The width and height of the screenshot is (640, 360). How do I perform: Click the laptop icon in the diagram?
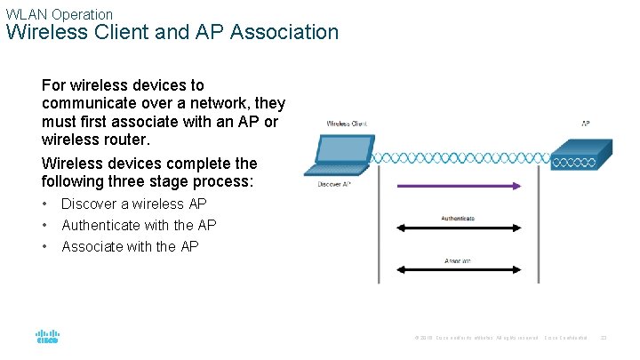pyautogui.click(x=342, y=156)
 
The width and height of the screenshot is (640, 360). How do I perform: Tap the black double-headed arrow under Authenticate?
pyautogui.click(x=457, y=228)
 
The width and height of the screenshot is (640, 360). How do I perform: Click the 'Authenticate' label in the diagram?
pyautogui.click(x=457, y=218)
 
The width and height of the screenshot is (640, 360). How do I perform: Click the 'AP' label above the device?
pyautogui.click(x=585, y=124)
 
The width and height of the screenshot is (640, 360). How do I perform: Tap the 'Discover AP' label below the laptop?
pyautogui.click(x=334, y=184)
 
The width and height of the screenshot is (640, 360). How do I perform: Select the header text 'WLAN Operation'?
pyautogui.click(x=60, y=14)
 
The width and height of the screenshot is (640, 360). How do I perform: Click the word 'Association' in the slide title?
pyautogui.click(x=284, y=33)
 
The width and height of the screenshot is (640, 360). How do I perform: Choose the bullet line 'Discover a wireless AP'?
pyautogui.click(x=133, y=204)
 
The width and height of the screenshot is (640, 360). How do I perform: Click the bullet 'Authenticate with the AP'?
pyautogui.click(x=139, y=225)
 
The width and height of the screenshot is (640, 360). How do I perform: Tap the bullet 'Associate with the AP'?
pyautogui.click(x=130, y=246)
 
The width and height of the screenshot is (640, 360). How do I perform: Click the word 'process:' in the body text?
pyautogui.click(x=224, y=181)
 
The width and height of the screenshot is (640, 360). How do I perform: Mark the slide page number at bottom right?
pyautogui.click(x=603, y=337)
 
